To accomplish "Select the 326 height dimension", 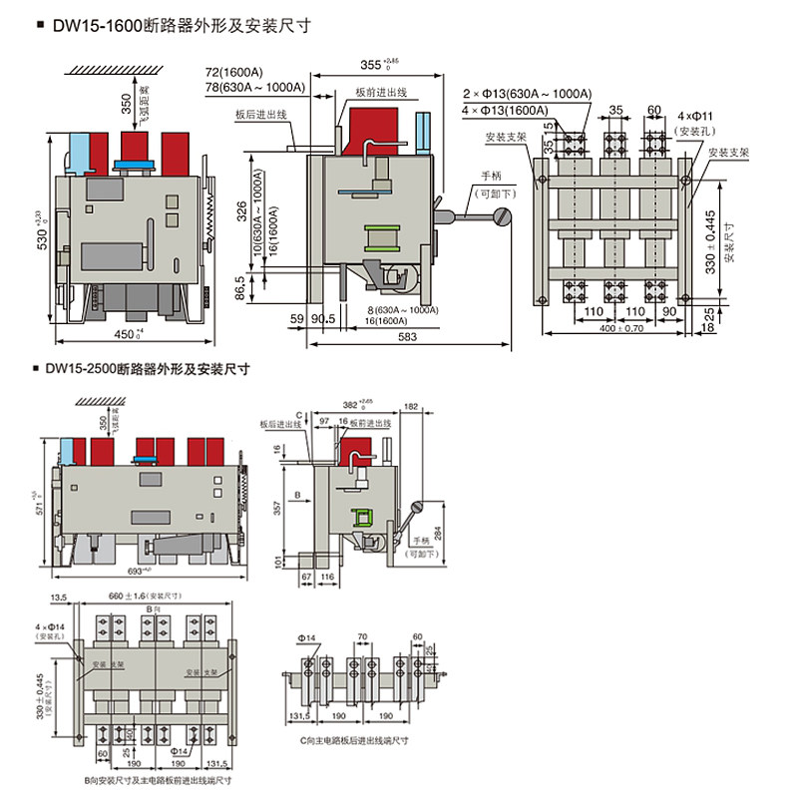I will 242,212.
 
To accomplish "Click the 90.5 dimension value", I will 322,319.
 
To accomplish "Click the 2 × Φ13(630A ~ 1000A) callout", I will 527,94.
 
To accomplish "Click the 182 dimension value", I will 411,405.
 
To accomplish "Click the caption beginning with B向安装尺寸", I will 159,781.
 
